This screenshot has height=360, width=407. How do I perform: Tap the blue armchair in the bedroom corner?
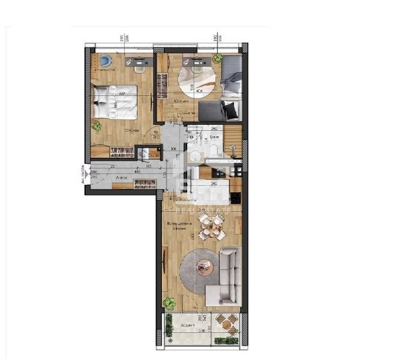[x=106, y=61]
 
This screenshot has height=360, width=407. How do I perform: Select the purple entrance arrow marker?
[x=86, y=175]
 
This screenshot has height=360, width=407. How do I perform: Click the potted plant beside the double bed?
[x=96, y=126]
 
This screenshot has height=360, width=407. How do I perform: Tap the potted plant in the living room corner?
[x=170, y=303]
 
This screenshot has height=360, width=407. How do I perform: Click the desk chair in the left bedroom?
[x=140, y=68]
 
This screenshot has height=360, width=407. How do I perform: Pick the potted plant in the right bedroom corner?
[x=217, y=59]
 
